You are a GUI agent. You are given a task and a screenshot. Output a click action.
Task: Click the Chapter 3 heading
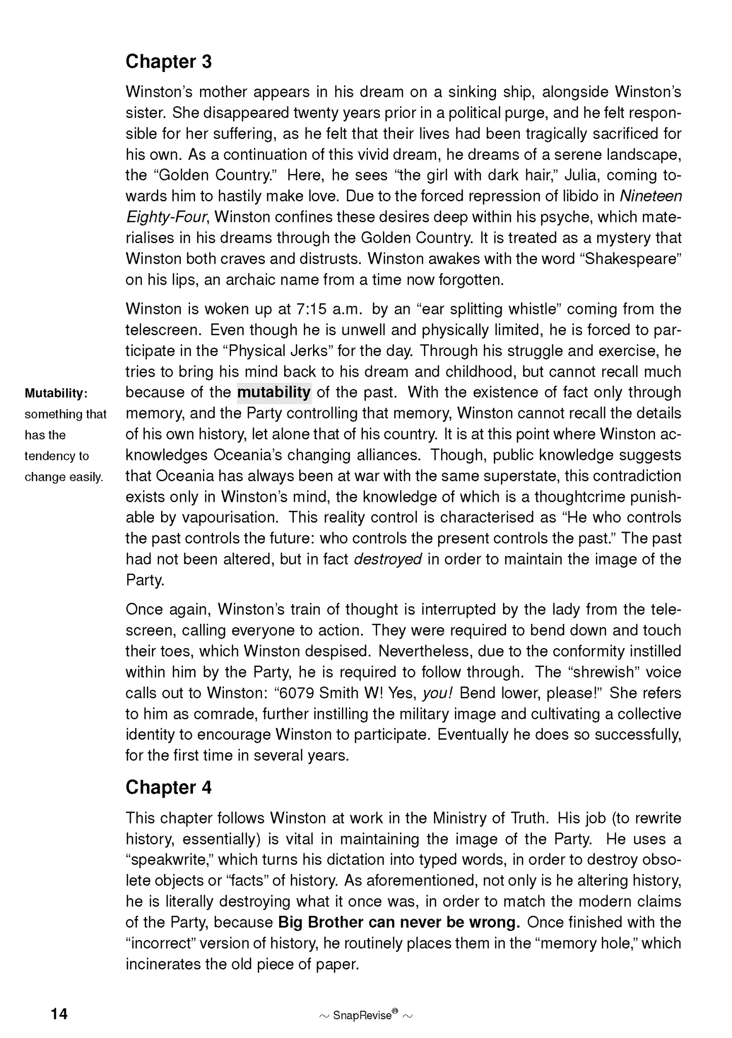(168, 62)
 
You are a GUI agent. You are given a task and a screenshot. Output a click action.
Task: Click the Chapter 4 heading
(168, 787)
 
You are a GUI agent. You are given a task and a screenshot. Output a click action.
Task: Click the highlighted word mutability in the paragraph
(274, 392)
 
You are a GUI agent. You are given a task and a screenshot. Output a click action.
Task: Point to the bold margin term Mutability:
(56, 393)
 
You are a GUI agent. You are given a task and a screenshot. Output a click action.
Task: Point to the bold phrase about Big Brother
(399, 922)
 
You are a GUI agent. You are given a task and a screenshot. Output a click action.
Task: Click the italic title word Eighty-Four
(167, 217)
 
